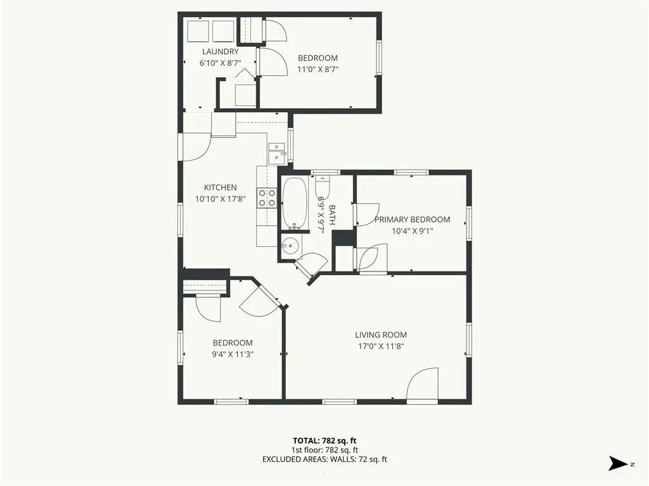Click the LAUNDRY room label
coord(220,52)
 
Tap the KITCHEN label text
coord(220,187)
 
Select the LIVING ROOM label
coord(380,335)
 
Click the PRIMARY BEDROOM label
coord(412,220)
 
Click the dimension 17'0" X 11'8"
coord(380,346)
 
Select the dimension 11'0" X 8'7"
coord(318,70)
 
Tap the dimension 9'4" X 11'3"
coord(232,354)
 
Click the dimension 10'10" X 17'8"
coord(220,199)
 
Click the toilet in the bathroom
coord(322,186)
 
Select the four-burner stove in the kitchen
coord(266,198)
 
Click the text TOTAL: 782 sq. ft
coord(328,440)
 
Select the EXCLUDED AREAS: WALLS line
coord(324,459)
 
